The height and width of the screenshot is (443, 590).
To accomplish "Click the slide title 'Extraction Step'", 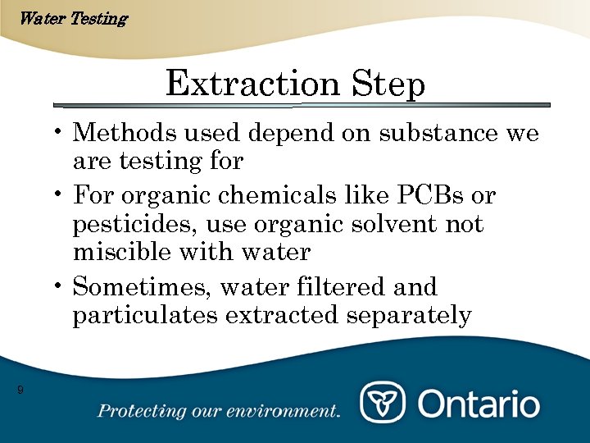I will (x=295, y=84).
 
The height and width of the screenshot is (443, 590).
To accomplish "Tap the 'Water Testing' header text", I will (x=72, y=18).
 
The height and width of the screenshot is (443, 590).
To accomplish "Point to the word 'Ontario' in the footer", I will (x=479, y=404).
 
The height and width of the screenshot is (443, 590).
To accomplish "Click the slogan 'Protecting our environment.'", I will (x=219, y=411).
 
